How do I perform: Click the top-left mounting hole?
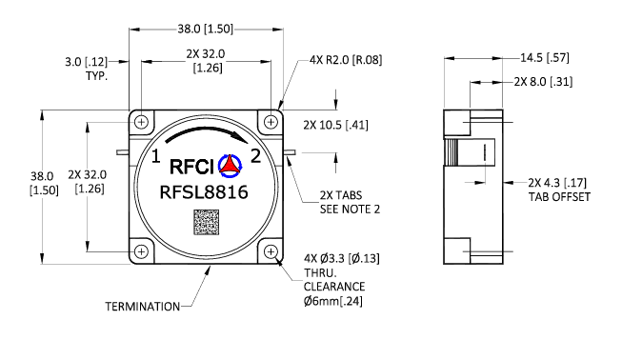[142, 122]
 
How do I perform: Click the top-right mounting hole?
[271, 122]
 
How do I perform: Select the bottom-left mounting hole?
[142, 251]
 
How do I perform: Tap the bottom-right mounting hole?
[271, 251]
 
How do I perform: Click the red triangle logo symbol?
[230, 165]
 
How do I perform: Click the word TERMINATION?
[143, 307]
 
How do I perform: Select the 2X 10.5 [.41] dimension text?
[335, 125]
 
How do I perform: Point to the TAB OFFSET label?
[559, 196]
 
